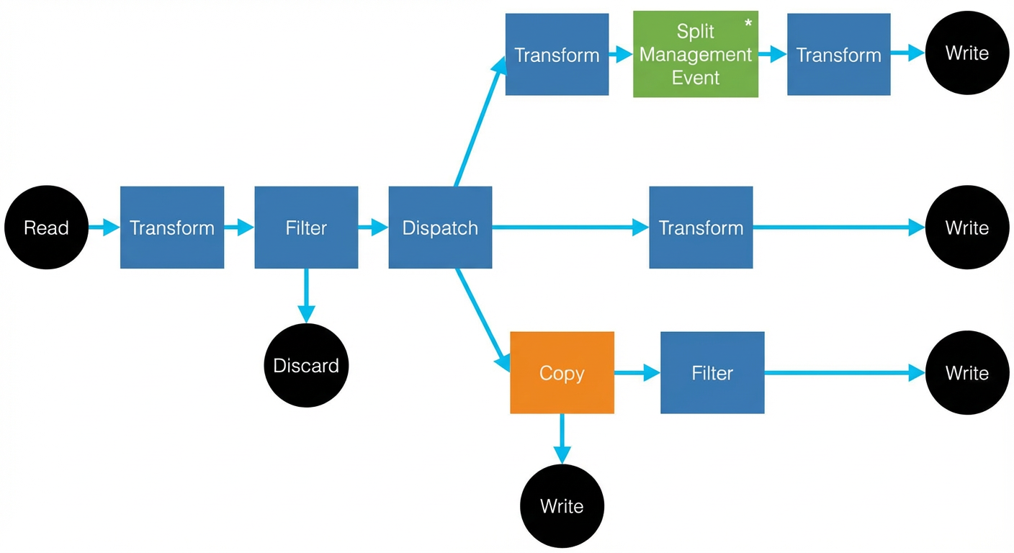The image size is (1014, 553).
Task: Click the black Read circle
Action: pos(46,227)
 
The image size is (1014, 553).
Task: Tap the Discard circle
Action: pos(306,365)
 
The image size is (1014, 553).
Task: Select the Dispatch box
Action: pos(440,227)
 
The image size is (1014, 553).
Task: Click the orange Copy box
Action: pos(562,372)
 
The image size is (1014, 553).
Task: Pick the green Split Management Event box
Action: pos(695,54)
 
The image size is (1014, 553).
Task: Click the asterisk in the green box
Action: pos(748,22)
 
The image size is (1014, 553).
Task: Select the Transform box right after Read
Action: pos(172,227)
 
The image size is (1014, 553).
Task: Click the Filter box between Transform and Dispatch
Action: pos(306,227)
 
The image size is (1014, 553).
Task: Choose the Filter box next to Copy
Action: pos(712,372)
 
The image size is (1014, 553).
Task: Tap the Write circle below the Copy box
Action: pos(562,506)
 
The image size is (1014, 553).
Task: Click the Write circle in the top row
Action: pos(967,53)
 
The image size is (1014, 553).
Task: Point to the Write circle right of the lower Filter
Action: pos(967,372)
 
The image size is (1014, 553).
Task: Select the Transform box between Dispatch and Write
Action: pos(701,227)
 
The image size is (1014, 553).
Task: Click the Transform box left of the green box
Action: pos(557,54)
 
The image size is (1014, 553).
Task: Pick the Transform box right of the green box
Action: pos(839,54)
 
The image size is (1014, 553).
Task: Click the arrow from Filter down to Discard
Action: pos(307,295)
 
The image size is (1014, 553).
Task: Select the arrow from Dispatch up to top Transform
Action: pos(480,121)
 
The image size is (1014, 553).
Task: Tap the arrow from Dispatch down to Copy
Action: pos(483,320)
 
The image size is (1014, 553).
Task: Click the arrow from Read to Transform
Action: pos(104,227)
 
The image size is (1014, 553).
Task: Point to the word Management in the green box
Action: pos(695,55)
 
